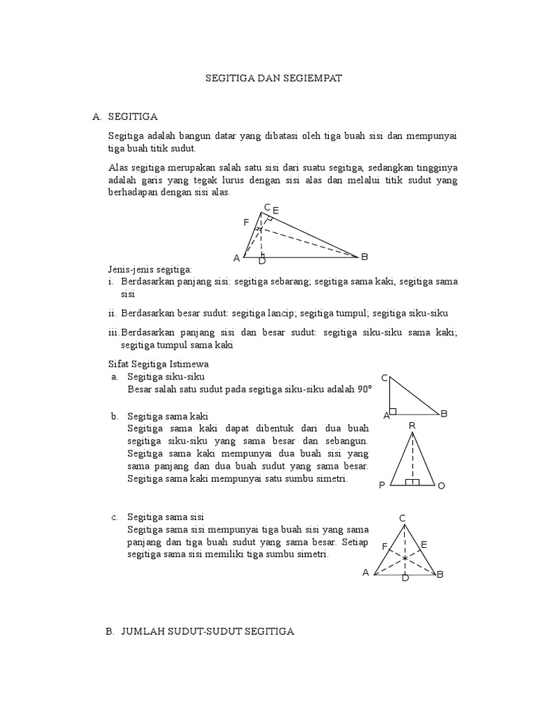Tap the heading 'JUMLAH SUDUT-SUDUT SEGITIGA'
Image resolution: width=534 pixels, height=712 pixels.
pyautogui.click(x=208, y=631)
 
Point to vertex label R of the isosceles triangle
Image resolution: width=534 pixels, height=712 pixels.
pyautogui.click(x=412, y=426)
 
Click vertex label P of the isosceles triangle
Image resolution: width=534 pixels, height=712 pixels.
pyautogui.click(x=382, y=486)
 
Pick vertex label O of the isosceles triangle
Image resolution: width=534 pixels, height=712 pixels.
pyautogui.click(x=441, y=486)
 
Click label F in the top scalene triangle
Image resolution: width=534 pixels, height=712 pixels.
pyautogui.click(x=246, y=222)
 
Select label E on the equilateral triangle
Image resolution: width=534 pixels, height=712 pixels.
pyautogui.click(x=424, y=544)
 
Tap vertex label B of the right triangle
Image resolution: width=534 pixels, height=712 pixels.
pyautogui.click(x=444, y=414)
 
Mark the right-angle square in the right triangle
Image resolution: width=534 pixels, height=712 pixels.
pyautogui.click(x=394, y=411)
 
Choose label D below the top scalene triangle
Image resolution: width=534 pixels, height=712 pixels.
pyautogui.click(x=262, y=261)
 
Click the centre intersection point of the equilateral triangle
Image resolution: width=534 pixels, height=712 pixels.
pyautogui.click(x=405, y=558)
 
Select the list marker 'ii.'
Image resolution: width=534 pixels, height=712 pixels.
pyautogui.click(x=113, y=314)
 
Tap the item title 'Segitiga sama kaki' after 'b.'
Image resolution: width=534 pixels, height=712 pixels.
pyautogui.click(x=163, y=416)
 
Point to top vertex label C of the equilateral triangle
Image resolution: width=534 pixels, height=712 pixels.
pyautogui.click(x=402, y=518)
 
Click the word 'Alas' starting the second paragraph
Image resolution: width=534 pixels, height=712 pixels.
pyautogui.click(x=118, y=168)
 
